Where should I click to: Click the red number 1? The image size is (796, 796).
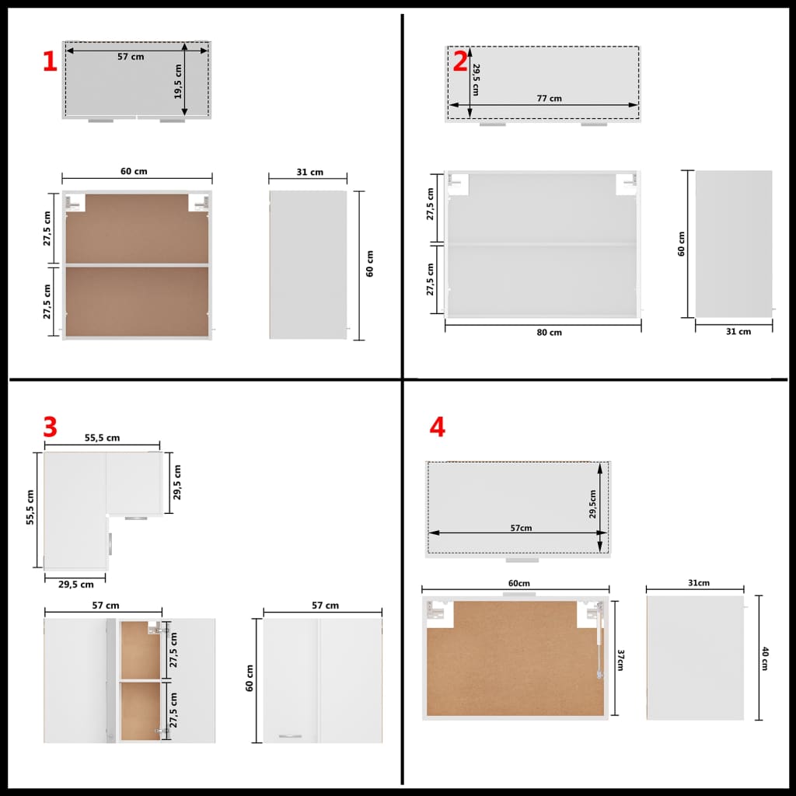[50, 61]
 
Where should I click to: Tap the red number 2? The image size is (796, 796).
[461, 61]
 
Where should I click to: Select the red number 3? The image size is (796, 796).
[50, 427]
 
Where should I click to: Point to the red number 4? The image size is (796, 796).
[438, 427]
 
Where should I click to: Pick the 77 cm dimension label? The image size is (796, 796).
[549, 99]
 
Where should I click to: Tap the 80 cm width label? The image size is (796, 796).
[549, 333]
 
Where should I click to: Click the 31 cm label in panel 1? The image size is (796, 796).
[311, 173]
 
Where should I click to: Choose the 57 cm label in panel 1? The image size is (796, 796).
[131, 57]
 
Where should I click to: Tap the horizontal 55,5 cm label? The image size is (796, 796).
[102, 438]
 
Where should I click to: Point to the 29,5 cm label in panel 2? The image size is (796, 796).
[475, 80]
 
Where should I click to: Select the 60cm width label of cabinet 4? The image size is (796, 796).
[518, 584]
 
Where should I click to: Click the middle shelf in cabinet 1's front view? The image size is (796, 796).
[138, 265]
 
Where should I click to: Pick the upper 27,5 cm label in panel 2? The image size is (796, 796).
[431, 204]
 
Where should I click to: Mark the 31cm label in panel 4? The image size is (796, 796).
[698, 583]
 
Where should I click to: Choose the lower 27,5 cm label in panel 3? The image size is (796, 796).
[173, 709]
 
